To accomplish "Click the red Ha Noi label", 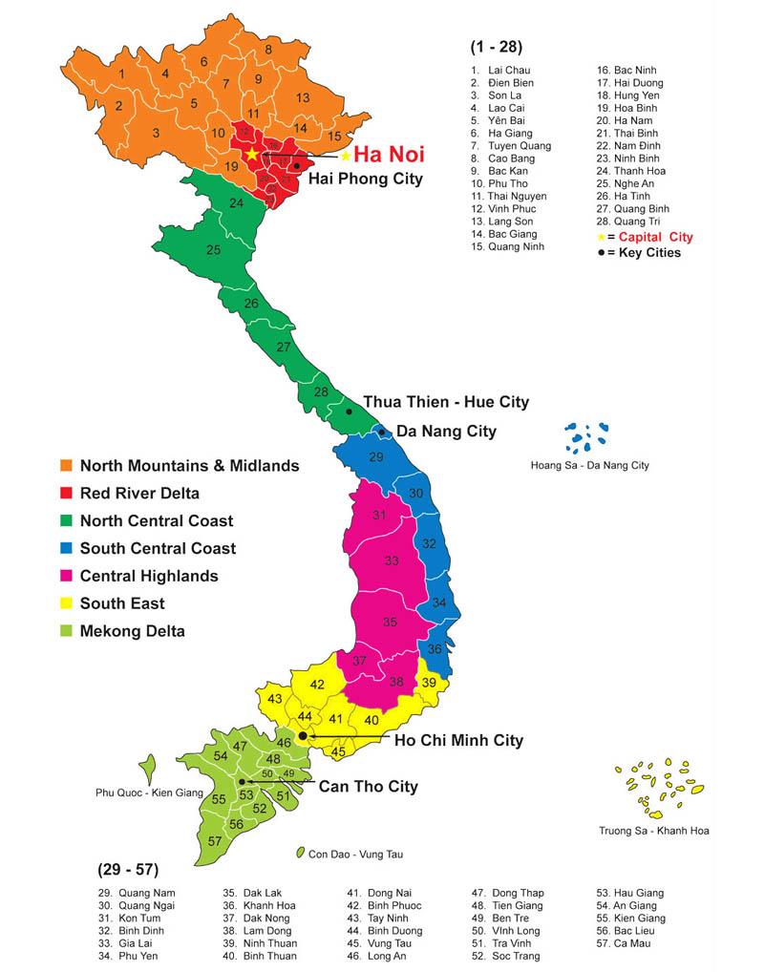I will pos(389,155).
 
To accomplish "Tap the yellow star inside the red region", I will pos(252,154).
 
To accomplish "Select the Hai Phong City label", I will pos(365,179).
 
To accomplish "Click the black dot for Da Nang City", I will pos(381,433).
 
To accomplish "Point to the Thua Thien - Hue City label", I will pos(446,402).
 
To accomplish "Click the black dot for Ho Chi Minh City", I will pos(303,736).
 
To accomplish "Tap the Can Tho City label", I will pos(368,787).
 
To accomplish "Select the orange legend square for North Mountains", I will pos(66,466).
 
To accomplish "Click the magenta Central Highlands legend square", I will pos(66,576).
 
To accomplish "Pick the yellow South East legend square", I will pos(66,603).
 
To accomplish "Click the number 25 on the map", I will pos(214,250).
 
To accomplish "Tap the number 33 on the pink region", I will pos(392,561).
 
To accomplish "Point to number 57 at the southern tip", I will pos(215,841).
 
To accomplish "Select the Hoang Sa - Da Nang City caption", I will pos(589,465).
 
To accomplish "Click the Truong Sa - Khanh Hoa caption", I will pos(653,830).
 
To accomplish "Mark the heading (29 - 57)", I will pos(128,870).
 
